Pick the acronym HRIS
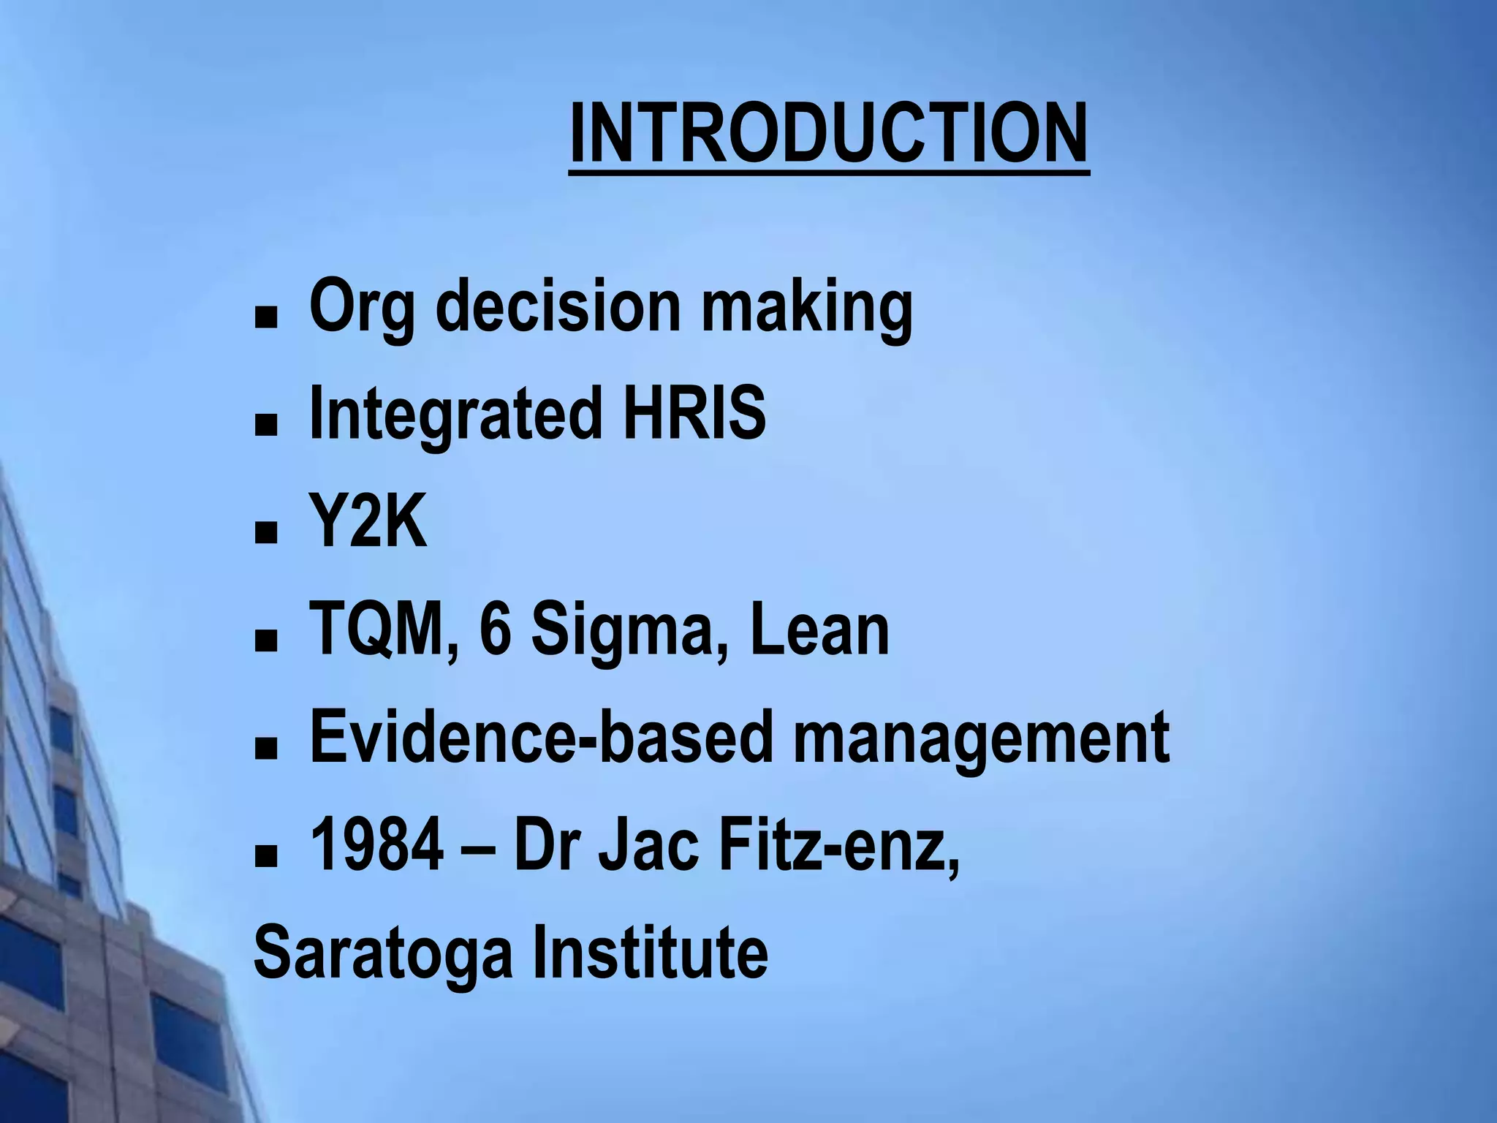point(694,413)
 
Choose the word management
point(981,741)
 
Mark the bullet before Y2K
point(266,534)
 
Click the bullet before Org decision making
point(266,317)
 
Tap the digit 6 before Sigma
point(495,630)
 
